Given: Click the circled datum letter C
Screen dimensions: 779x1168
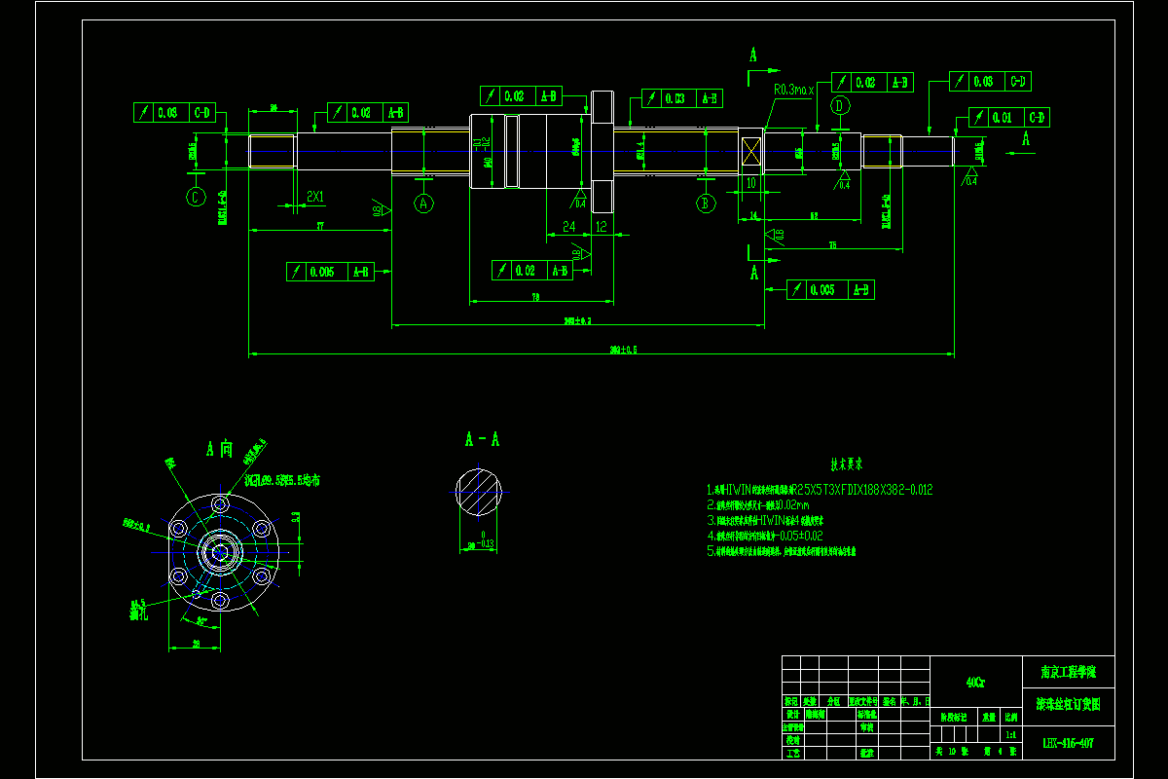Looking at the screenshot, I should tap(196, 197).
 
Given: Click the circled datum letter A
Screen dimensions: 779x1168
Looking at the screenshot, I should tap(423, 203).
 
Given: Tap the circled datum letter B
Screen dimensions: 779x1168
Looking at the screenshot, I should tap(706, 203).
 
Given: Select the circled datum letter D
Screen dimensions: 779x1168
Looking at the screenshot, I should tap(841, 105).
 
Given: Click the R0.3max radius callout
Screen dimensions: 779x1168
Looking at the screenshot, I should tap(792, 90).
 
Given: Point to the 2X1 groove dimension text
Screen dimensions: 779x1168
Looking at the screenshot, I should tap(315, 197).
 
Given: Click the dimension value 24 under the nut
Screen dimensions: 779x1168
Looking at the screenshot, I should tap(569, 226).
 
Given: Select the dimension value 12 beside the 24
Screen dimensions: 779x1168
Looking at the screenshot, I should tap(602, 226).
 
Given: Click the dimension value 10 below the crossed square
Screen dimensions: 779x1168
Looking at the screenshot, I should tap(750, 182).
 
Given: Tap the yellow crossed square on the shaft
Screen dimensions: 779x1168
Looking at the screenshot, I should tap(750, 152).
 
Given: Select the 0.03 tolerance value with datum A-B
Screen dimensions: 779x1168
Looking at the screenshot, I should tap(675, 98).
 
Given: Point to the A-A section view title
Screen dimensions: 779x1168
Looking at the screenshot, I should tap(481, 439).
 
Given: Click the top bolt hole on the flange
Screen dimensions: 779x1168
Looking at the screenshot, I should tap(221, 505).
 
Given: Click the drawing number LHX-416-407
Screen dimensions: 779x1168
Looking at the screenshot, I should tap(1068, 743).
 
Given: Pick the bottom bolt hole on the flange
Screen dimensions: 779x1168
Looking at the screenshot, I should tap(221, 600).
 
